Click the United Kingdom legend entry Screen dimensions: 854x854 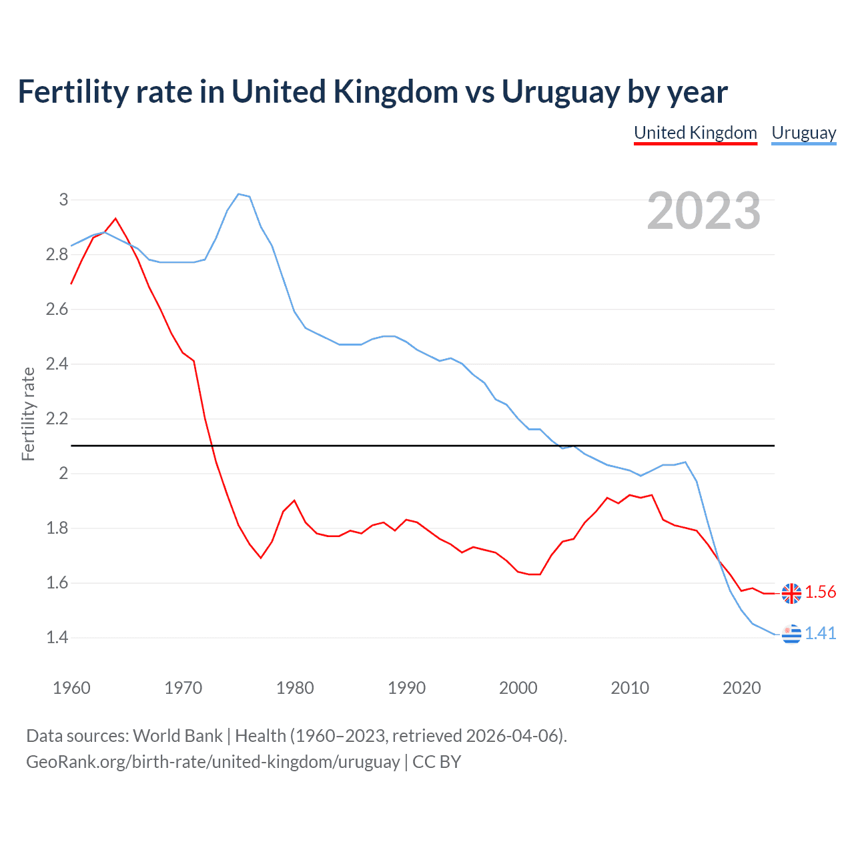(x=695, y=133)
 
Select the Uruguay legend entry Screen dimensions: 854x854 (x=803, y=133)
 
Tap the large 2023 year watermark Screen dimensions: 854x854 (x=703, y=211)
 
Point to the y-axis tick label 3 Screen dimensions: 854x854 (x=64, y=199)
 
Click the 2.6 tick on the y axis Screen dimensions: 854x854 (x=57, y=309)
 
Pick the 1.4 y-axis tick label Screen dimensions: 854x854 (x=57, y=637)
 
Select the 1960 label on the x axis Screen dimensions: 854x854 (x=71, y=688)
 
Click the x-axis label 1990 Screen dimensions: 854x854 (x=406, y=688)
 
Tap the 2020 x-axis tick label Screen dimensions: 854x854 (x=741, y=688)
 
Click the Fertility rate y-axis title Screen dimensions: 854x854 (x=28, y=414)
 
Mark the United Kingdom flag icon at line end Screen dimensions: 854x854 (x=791, y=592)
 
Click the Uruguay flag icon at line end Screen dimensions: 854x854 (x=791, y=634)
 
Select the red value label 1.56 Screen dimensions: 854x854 (x=820, y=592)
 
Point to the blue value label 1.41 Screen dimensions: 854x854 (x=820, y=634)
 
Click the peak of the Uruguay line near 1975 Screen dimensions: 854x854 (x=239, y=194)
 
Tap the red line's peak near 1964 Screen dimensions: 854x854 (x=115, y=218)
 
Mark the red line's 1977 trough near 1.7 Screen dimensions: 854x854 (x=261, y=558)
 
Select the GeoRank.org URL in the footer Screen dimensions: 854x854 (x=213, y=762)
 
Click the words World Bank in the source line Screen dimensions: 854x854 (x=177, y=736)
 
